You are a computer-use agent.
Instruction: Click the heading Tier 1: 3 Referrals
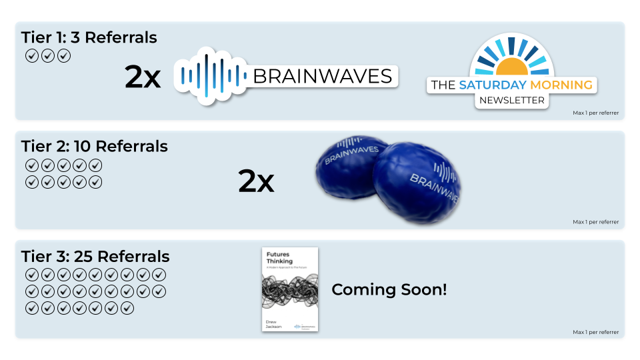pyautogui.click(x=89, y=37)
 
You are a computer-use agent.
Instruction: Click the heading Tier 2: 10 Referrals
pyautogui.click(x=95, y=146)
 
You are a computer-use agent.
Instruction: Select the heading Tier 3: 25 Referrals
pyautogui.click(x=95, y=257)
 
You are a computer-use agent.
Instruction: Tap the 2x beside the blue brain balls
pyautogui.click(x=256, y=181)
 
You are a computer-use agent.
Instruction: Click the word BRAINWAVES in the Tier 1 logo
pyautogui.click(x=323, y=76)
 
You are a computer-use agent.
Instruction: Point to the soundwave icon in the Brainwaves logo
pyautogui.click(x=209, y=76)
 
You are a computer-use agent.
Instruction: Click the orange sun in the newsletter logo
pyautogui.click(x=512, y=66)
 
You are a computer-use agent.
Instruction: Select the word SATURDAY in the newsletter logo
pyautogui.click(x=492, y=85)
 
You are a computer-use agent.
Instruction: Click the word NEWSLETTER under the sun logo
pyautogui.click(x=511, y=101)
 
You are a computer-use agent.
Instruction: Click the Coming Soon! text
pyautogui.click(x=389, y=290)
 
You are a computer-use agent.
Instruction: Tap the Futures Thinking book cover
pyautogui.click(x=289, y=289)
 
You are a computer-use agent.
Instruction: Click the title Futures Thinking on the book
pyautogui.click(x=280, y=258)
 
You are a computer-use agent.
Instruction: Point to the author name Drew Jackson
pyautogui.click(x=274, y=323)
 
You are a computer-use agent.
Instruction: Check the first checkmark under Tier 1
pyautogui.click(x=31, y=56)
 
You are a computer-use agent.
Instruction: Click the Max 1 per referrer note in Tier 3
pyautogui.click(x=595, y=332)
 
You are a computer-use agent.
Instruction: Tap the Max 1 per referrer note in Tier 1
pyautogui.click(x=595, y=113)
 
